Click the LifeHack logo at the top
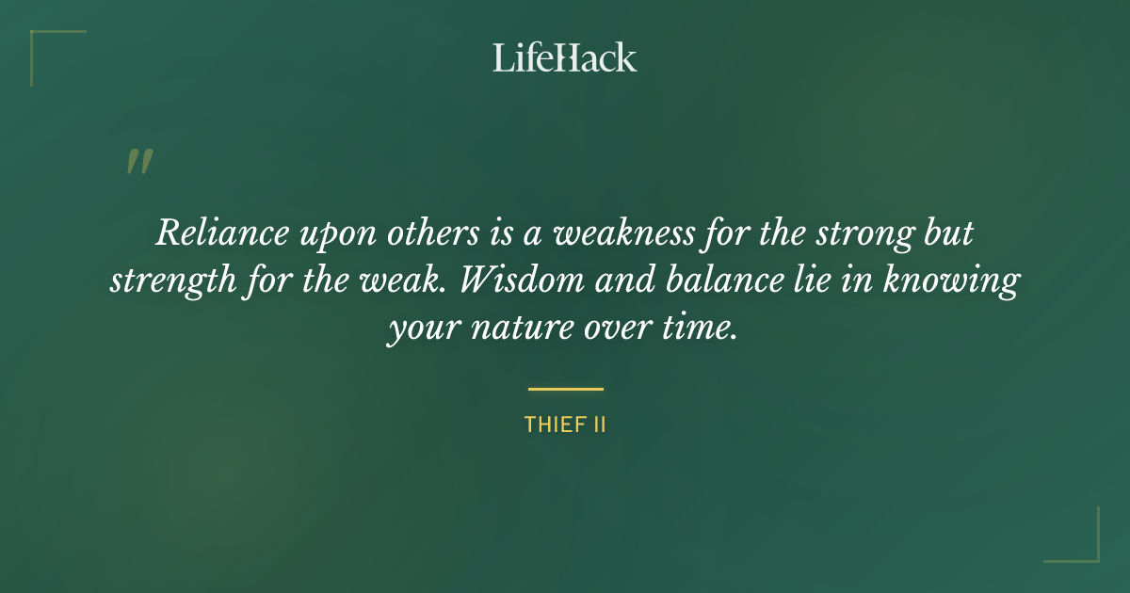tap(565, 57)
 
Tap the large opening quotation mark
tap(138, 163)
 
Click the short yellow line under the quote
tap(565, 388)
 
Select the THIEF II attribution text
tap(565, 425)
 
